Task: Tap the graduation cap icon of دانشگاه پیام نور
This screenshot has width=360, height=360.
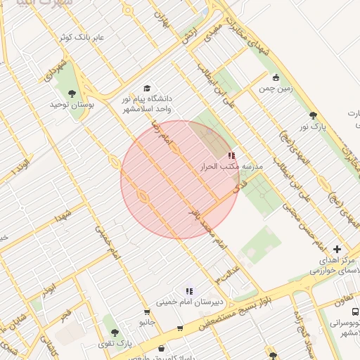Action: (147, 89)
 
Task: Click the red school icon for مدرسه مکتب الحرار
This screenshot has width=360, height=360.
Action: (231, 155)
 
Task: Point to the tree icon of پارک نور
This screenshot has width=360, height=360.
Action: (313, 115)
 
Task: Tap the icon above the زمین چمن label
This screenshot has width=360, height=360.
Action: (276, 77)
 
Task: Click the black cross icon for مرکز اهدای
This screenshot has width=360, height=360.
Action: (337, 249)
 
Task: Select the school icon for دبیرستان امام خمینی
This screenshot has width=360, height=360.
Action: (188, 290)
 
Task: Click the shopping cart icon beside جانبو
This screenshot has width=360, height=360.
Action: (146, 312)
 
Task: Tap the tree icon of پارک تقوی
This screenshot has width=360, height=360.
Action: (115, 332)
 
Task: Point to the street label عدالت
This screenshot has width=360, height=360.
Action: (229, 270)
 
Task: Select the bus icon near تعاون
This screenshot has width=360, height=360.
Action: (354, 311)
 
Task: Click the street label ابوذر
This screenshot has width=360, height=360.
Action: (47, 289)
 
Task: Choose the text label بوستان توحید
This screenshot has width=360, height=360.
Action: (67, 104)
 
